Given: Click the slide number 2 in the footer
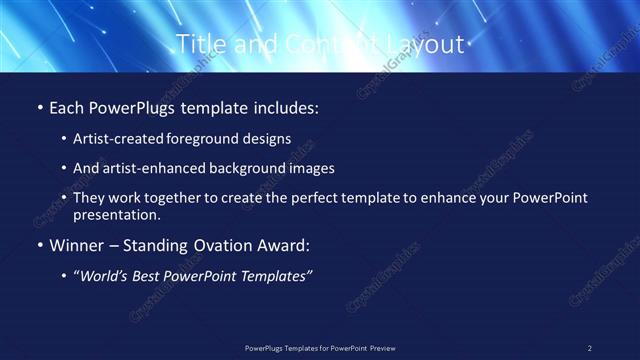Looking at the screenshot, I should point(590,348).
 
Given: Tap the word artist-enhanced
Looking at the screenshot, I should point(149,168).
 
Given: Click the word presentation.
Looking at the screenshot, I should point(116,214).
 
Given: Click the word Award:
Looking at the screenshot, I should point(281,245).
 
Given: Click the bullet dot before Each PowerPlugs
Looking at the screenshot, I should point(39,107).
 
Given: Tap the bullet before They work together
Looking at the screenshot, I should point(64,198).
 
